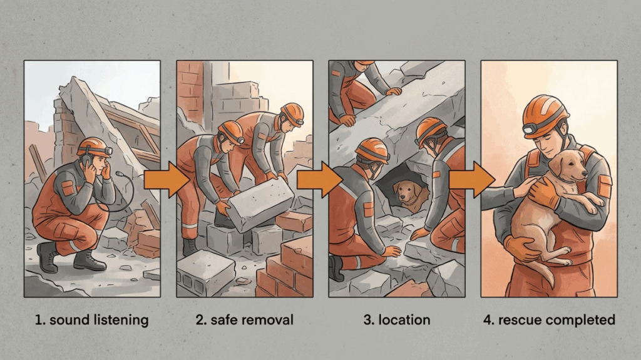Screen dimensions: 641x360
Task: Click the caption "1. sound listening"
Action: click(91, 320)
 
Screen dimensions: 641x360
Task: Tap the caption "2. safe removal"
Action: click(245, 319)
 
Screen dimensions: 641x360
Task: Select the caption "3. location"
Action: click(396, 319)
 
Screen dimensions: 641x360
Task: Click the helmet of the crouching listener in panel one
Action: click(94, 147)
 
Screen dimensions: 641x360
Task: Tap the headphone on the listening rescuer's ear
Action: click(87, 160)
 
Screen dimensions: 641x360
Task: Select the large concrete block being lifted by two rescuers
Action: click(260, 203)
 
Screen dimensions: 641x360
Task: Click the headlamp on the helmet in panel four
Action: click(531, 130)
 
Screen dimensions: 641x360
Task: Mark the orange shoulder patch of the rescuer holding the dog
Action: click(604, 186)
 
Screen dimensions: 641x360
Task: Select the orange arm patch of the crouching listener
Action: click(68, 188)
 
